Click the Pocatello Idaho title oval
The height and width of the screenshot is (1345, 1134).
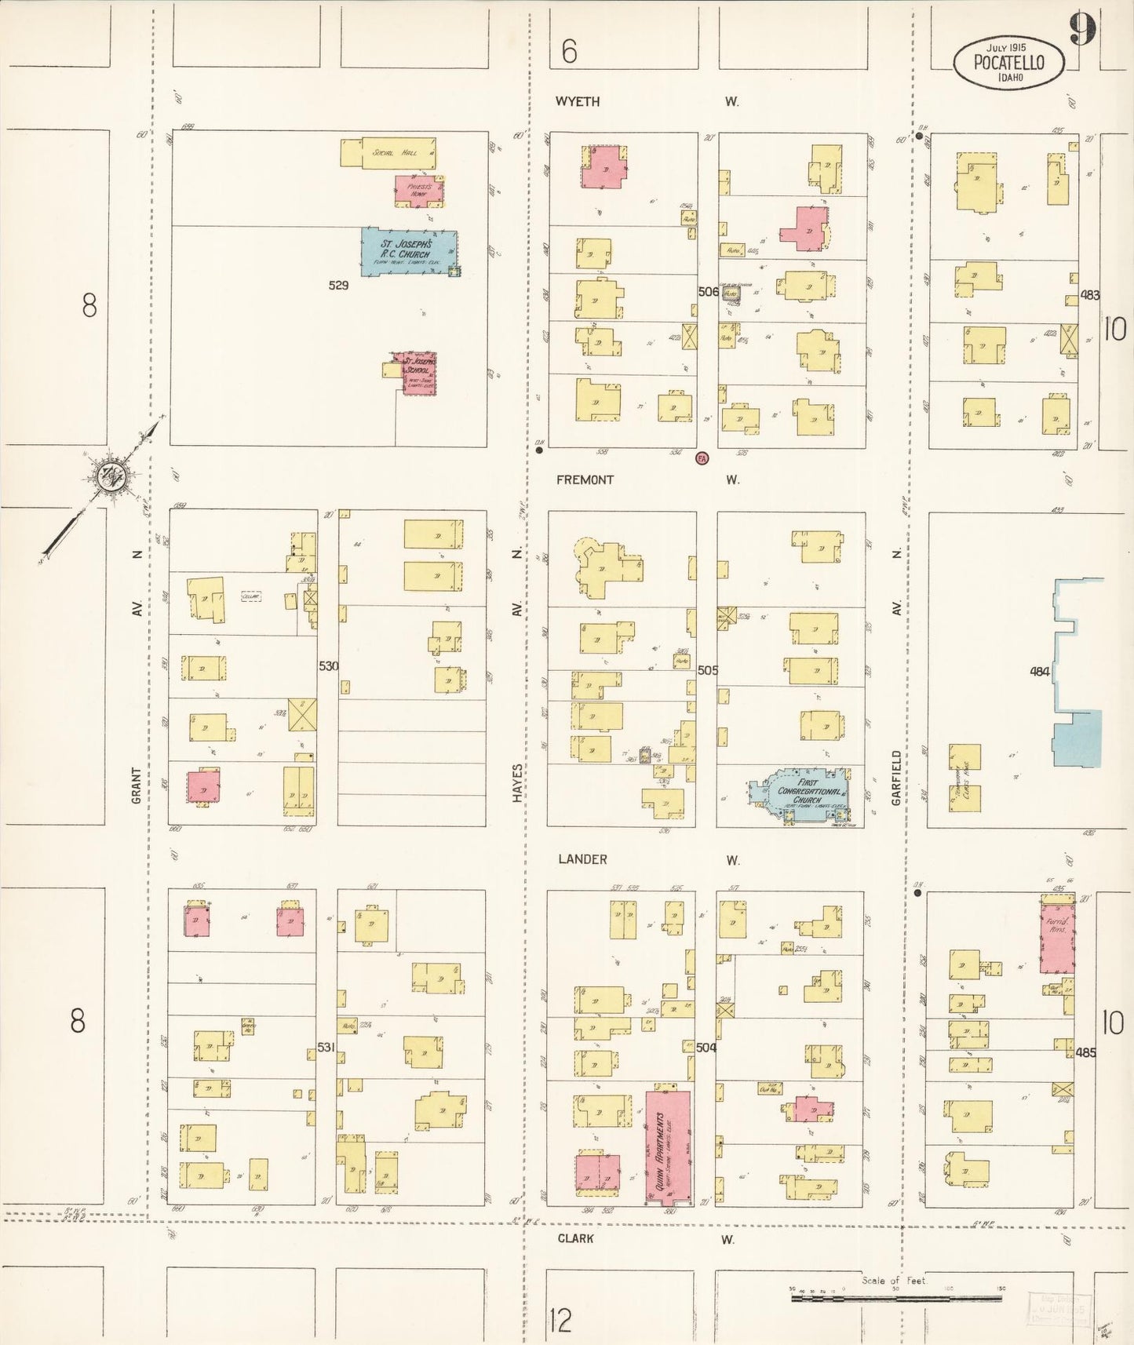click(x=1009, y=63)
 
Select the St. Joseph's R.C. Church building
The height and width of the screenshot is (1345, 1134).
click(x=407, y=250)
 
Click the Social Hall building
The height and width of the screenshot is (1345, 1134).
click(x=388, y=153)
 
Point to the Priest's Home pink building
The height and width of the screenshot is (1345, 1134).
click(x=418, y=191)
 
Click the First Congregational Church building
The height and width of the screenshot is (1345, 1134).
click(x=800, y=795)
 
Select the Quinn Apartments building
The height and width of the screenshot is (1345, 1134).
click(x=668, y=1146)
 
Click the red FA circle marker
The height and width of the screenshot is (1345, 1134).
click(x=702, y=458)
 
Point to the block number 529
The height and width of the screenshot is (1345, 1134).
click(x=338, y=286)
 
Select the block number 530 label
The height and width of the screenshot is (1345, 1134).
click(x=328, y=666)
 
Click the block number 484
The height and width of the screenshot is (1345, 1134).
click(x=1039, y=671)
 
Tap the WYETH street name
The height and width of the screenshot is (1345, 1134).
click(x=578, y=101)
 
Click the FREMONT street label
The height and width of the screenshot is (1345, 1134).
click(x=585, y=479)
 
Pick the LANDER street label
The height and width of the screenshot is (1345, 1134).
click(x=582, y=859)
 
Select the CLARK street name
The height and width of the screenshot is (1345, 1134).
click(x=575, y=1238)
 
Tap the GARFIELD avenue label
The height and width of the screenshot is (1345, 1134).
click(x=896, y=777)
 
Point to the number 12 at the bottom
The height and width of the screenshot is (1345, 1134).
click(x=560, y=1321)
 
